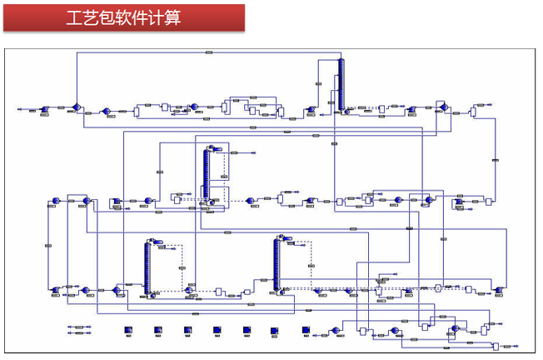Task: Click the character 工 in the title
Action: tap(73, 17)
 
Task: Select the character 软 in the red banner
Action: tap(116, 17)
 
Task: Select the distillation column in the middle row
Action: tap(206, 173)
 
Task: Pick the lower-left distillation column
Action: tap(147, 268)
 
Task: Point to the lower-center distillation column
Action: tap(276, 264)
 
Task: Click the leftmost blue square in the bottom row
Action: tap(127, 330)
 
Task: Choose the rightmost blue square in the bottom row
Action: tap(306, 330)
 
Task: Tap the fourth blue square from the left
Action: tap(217, 330)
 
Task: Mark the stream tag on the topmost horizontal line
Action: tap(208, 52)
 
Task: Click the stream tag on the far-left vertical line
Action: tap(48, 246)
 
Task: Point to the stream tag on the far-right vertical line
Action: tap(496, 159)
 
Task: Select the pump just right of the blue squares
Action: tap(336, 330)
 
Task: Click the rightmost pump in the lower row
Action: tap(498, 290)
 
